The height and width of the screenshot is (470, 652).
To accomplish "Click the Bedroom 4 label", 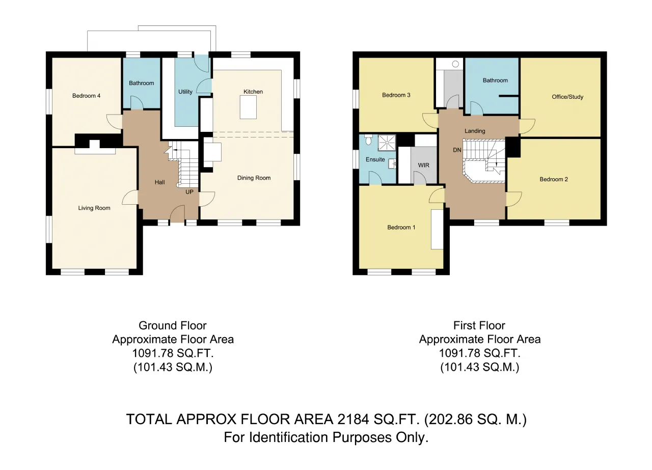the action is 86,96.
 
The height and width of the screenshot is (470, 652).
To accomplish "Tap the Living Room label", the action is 94,208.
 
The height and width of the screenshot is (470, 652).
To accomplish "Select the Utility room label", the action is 185,92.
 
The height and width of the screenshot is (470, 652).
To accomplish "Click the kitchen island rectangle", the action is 248,107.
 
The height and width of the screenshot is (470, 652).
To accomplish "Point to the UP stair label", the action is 189,192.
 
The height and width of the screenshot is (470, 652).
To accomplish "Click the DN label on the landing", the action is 457,150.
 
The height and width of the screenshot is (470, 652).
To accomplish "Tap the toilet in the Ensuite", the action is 368,140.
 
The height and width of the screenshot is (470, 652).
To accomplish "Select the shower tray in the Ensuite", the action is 387,143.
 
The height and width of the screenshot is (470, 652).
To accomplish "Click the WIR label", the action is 423,165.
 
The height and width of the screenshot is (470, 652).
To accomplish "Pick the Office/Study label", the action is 567,97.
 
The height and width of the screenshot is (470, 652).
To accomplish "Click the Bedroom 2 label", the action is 554,179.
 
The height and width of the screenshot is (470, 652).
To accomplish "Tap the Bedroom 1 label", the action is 401,227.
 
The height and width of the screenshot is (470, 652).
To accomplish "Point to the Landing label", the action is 475,131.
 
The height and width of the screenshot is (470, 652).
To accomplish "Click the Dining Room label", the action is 254,178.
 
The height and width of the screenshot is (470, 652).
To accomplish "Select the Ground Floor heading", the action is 173,325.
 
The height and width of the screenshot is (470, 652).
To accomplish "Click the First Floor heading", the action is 479,325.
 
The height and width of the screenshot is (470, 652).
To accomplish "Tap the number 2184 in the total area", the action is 354,420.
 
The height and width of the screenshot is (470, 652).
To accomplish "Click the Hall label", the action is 159,182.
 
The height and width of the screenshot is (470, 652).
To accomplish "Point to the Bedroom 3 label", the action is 396,95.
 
